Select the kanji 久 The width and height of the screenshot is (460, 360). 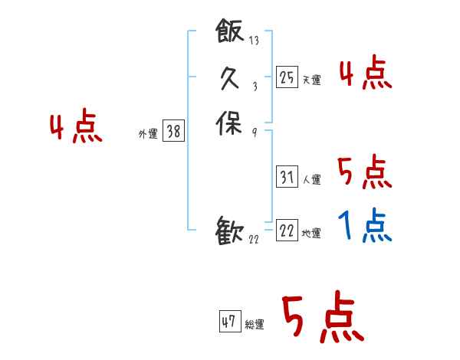click(x=230, y=77)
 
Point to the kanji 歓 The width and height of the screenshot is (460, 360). click(x=230, y=231)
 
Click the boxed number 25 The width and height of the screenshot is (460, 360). click(x=287, y=77)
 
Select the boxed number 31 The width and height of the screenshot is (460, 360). click(x=287, y=178)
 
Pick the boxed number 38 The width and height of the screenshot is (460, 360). click(x=173, y=132)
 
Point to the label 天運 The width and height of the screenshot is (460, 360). click(x=311, y=80)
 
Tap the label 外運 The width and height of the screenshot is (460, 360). click(x=148, y=134)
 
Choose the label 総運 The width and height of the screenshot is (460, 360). click(x=255, y=325)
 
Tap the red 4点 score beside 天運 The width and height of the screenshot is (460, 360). click(x=365, y=74)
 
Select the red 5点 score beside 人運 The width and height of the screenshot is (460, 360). click(x=364, y=172)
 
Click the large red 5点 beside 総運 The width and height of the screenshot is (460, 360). click(x=322, y=318)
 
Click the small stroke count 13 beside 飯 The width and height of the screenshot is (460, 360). click(x=254, y=41)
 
